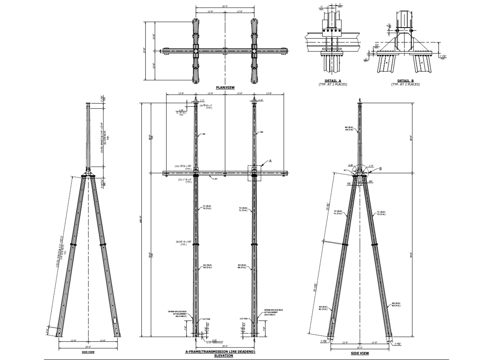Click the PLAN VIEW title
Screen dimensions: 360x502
point(225,87)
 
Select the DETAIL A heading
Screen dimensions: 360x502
point(332,81)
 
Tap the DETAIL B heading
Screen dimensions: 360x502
point(405,81)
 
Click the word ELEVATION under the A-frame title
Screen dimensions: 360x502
point(223,356)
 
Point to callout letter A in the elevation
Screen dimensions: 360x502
point(270,161)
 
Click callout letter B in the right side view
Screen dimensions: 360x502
point(381,169)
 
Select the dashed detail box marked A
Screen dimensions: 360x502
point(254,173)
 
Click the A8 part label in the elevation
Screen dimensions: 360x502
point(204,135)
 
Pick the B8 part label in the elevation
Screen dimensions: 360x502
point(262,132)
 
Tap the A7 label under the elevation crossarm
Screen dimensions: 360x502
point(216,179)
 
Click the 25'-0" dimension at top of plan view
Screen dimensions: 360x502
point(225,6)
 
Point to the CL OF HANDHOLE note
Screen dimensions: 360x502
point(214,342)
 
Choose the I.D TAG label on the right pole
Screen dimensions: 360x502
point(244,319)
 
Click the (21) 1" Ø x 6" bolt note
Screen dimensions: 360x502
point(185,181)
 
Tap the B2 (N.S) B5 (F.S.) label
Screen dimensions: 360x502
point(207,266)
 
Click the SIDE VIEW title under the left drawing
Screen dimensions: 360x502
point(88,352)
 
